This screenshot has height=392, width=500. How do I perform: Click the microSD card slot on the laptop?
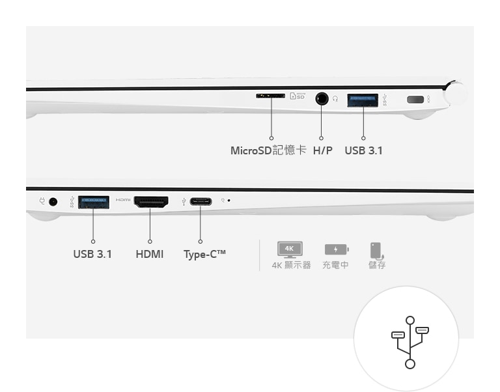click(x=270, y=96)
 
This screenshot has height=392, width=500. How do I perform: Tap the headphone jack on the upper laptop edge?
click(x=322, y=98)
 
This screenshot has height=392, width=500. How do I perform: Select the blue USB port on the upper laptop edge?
click(x=363, y=100)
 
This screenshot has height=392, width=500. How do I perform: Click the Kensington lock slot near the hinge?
click(x=415, y=100)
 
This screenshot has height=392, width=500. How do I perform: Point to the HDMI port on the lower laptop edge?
click(x=151, y=202)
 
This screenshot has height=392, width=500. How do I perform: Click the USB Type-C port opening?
click(x=201, y=202)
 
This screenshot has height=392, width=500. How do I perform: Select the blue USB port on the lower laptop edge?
click(x=94, y=203)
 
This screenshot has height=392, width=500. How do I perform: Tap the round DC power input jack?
click(x=53, y=202)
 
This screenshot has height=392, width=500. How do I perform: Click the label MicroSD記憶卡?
click(x=268, y=150)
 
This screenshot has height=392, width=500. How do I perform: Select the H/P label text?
click(x=322, y=150)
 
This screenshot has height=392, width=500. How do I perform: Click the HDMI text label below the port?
click(x=150, y=254)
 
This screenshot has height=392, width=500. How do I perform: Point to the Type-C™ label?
click(x=204, y=255)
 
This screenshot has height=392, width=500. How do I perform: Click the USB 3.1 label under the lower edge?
click(x=92, y=254)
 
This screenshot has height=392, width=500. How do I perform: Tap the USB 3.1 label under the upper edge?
click(x=363, y=150)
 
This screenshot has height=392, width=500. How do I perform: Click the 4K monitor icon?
click(x=290, y=250)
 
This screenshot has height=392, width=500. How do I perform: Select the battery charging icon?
click(x=337, y=249)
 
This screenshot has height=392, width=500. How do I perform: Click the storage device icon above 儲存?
click(x=377, y=251)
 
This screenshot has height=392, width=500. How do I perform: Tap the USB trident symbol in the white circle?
click(x=410, y=343)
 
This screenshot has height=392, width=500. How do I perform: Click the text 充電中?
click(x=335, y=265)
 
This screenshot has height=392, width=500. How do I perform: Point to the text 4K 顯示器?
click(x=291, y=265)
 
